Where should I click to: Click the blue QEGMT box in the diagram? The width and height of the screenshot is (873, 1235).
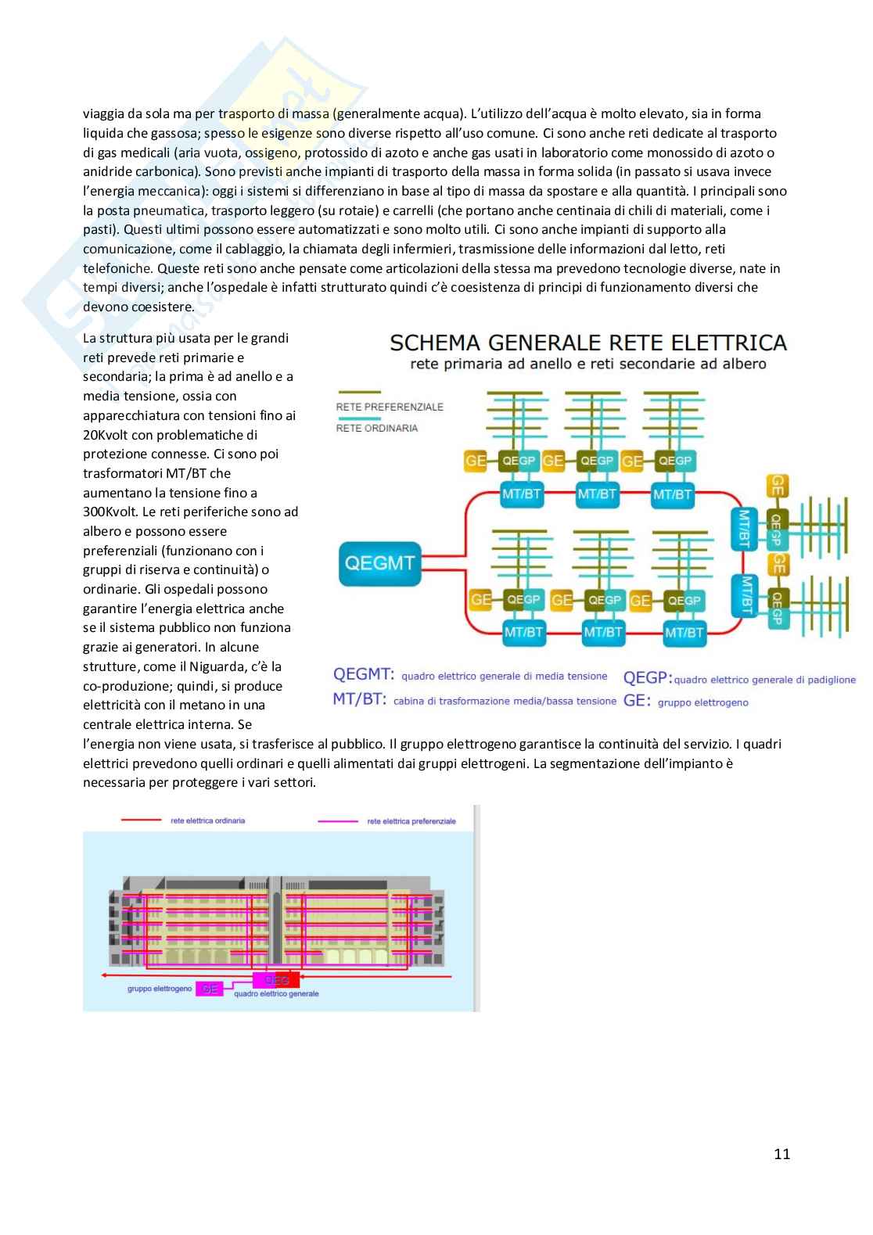379,563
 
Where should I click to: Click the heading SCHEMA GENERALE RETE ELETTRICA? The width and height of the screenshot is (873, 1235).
587,342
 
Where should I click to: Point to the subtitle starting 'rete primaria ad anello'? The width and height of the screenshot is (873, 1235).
587,364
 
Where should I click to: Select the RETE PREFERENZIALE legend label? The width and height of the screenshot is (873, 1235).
390,407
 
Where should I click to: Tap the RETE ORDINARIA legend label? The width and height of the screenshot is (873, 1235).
377,428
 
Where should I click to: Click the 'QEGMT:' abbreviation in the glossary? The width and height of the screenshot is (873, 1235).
364,675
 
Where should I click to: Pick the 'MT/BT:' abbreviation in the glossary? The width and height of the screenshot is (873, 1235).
359,699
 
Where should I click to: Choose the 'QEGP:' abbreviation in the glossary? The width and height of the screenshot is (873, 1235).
647,677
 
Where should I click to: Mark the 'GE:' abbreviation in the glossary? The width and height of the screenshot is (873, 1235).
637,701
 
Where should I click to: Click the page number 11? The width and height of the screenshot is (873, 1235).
781,1154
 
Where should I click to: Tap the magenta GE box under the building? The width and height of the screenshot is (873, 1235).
209,989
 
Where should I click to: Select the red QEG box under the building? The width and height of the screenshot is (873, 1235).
276,980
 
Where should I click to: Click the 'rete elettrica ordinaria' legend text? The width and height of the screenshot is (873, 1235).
207,820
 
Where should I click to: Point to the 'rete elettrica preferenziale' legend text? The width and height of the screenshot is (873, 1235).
411,821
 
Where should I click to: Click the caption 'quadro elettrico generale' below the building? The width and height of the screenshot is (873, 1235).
276,994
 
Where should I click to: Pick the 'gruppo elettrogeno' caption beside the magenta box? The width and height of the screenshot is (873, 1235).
160,989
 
